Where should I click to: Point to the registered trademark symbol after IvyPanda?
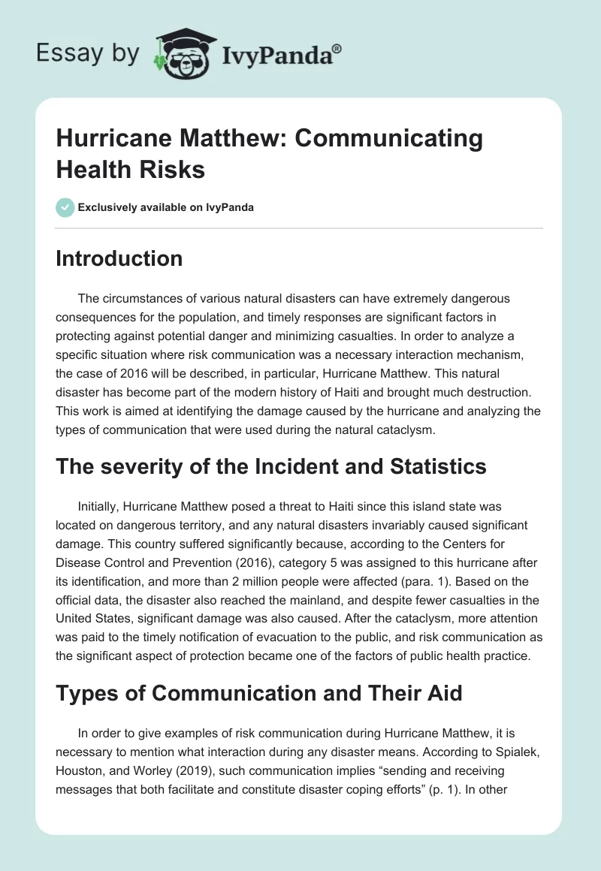(337, 47)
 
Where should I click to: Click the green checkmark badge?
(65, 207)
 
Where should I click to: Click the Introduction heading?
(119, 258)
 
